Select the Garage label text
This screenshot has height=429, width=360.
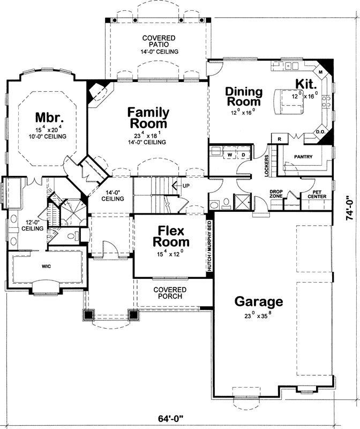pos(258,301)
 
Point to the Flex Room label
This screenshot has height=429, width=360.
pos(170,236)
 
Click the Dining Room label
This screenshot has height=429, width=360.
pos(243,96)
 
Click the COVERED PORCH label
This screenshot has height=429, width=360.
pos(167,292)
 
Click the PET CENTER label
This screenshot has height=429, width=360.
pos(316,194)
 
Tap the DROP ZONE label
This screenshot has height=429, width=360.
pos(276,194)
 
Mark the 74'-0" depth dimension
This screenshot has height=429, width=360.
pos(349,208)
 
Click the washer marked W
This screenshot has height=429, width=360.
pos(230,155)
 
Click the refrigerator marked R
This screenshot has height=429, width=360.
pos(280,138)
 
